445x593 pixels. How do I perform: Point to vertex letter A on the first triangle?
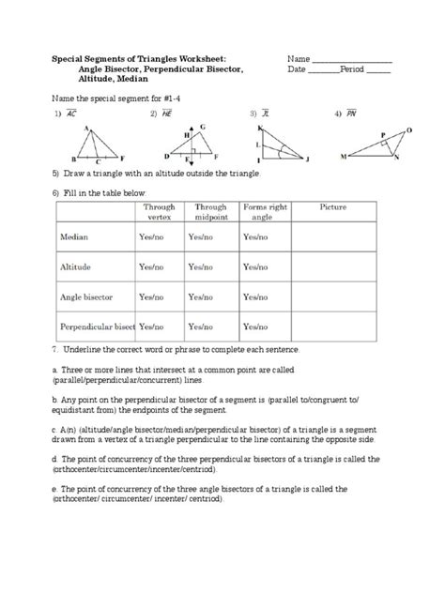86,127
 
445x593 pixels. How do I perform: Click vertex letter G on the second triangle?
203,126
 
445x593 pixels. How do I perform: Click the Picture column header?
334,206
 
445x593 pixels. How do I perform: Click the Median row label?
74,238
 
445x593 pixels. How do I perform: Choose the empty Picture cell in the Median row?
334,238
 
